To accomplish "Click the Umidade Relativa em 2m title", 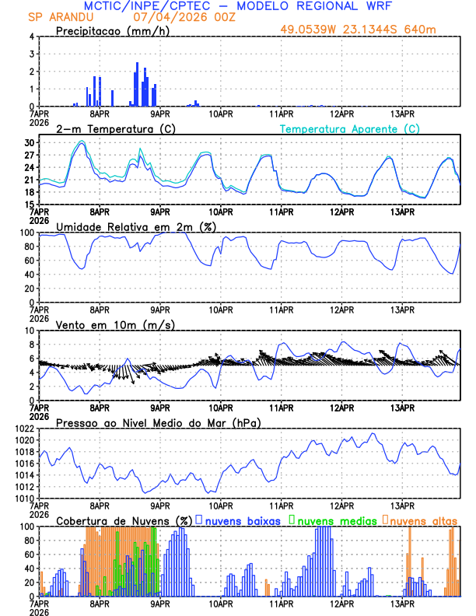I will pos(136,226).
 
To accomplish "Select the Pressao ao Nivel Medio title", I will pos(159,422).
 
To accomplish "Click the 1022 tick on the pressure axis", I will pos(23,429).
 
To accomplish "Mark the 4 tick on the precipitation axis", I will pos(32,37).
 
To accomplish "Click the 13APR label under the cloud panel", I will pos(402,603).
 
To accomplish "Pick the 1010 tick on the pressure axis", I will pos(23,499).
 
